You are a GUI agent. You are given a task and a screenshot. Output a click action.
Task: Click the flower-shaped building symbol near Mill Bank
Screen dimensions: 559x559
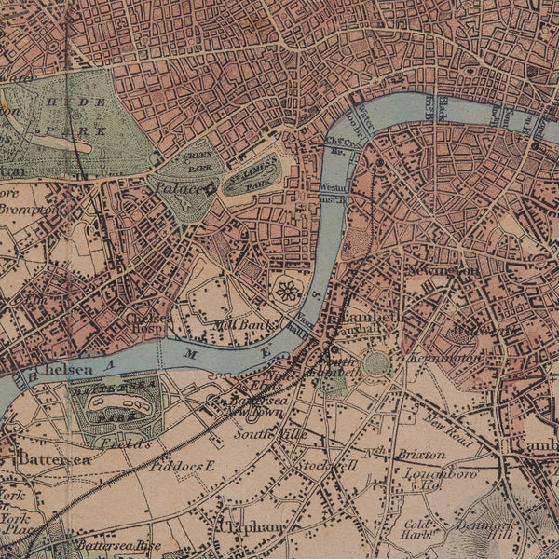pos(288,291)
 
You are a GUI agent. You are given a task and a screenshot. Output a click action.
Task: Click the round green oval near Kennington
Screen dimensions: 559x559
pos(376,363)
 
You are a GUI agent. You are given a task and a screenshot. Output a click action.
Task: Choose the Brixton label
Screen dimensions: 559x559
pos(421,454)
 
